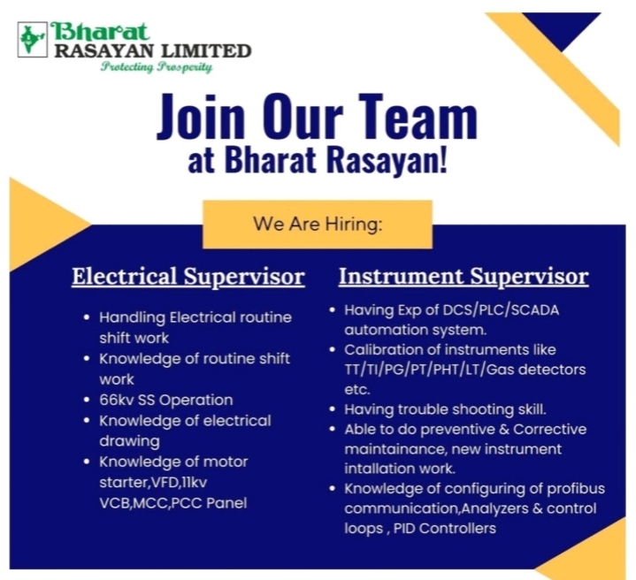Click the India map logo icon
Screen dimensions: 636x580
click(33, 39)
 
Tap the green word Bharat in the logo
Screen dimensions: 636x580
click(99, 31)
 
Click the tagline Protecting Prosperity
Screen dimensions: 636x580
click(157, 66)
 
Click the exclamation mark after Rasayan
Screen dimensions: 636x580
click(443, 159)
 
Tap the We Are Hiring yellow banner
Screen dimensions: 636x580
click(318, 225)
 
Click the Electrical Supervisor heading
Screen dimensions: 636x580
click(188, 277)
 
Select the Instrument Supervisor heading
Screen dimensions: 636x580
click(464, 277)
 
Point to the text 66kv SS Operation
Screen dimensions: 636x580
click(166, 400)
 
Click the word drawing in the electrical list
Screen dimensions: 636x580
click(129, 441)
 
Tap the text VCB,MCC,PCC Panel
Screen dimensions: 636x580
click(173, 503)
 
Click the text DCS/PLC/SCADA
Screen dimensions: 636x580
click(501, 310)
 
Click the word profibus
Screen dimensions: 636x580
click(576, 489)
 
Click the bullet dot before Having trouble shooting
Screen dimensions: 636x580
click(333, 409)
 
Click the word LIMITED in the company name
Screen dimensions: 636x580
click(206, 51)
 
